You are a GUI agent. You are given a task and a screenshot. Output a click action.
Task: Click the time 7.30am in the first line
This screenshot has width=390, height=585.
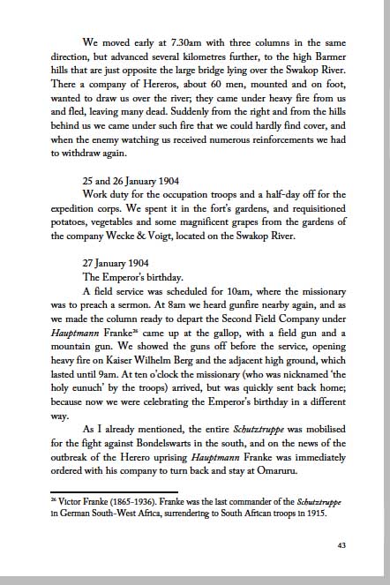click(184, 41)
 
